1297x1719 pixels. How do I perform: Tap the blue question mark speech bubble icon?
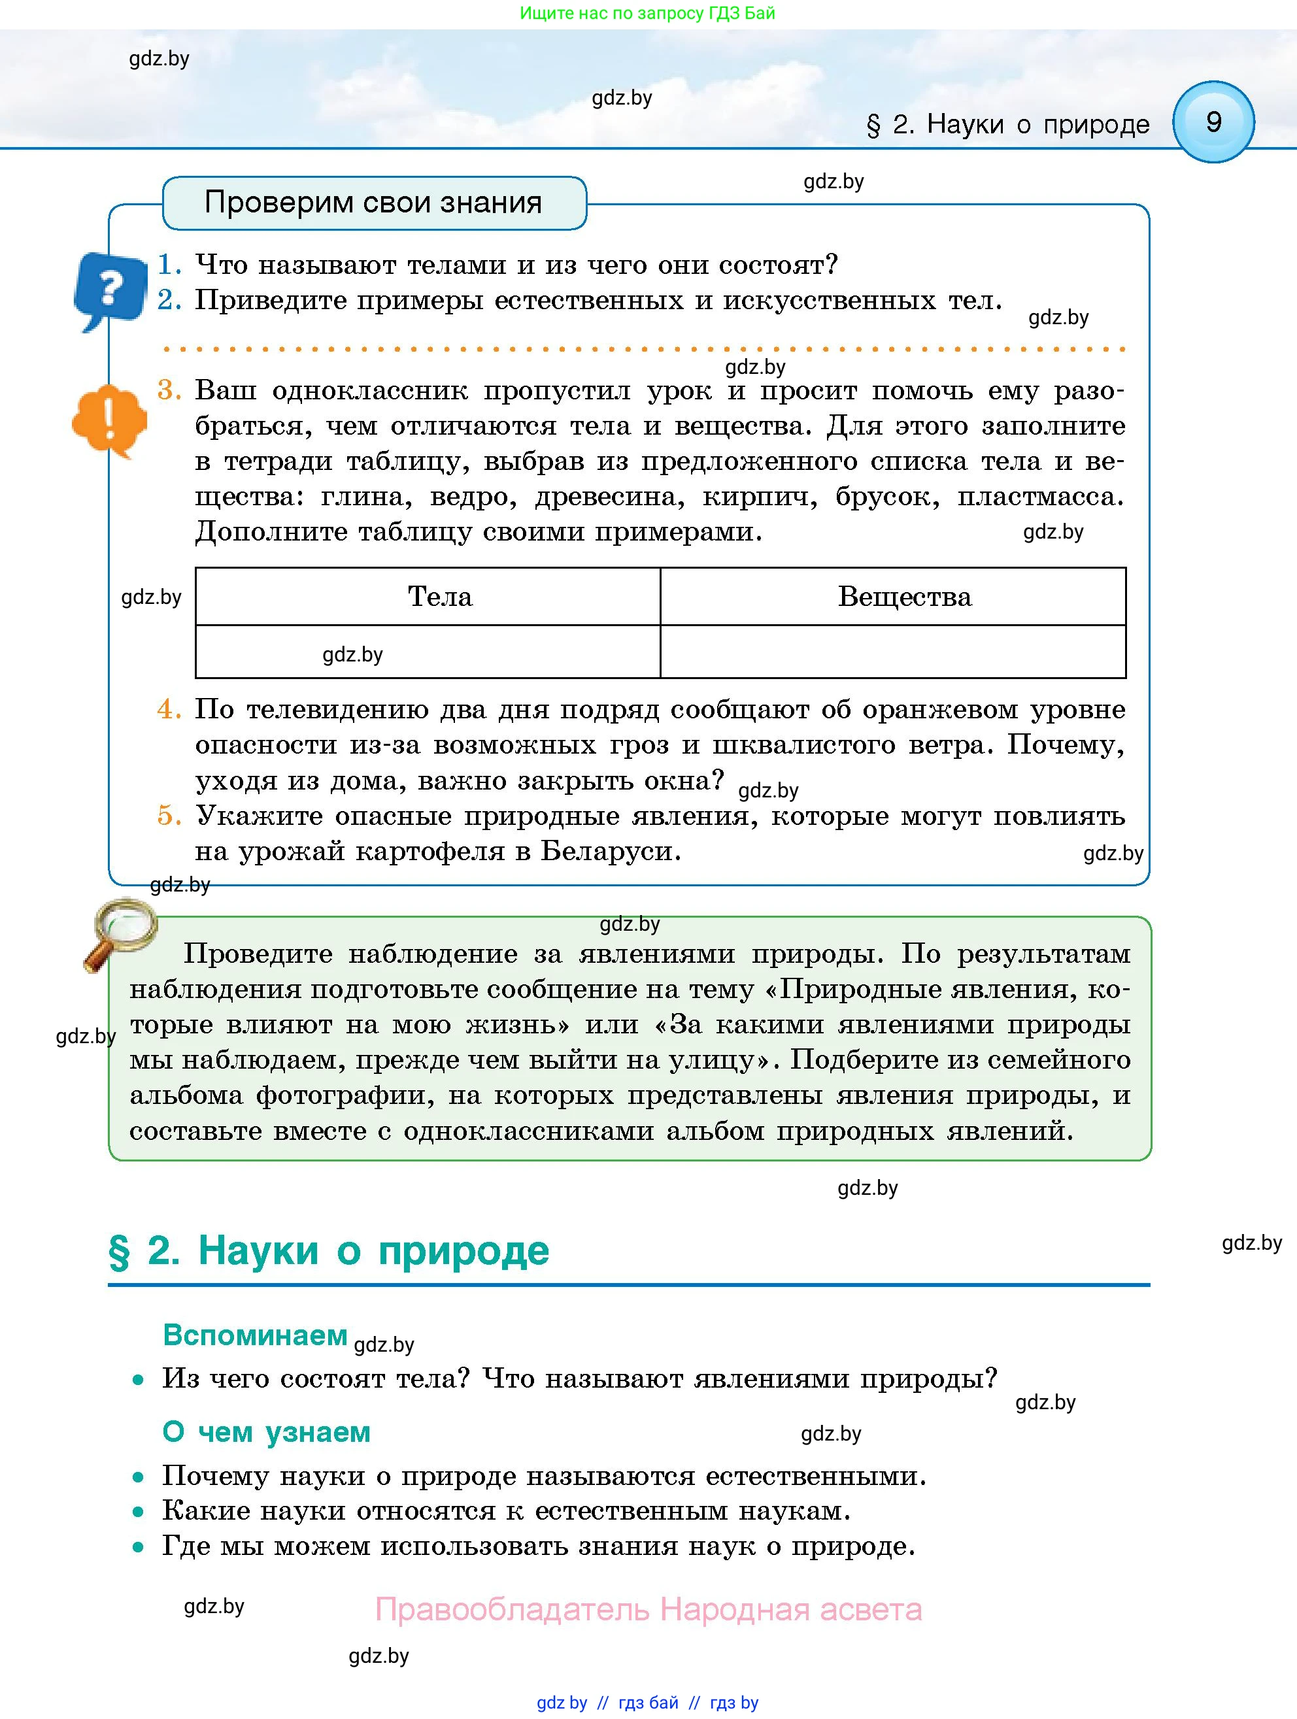click(x=110, y=289)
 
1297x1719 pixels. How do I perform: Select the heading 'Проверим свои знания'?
click(x=373, y=203)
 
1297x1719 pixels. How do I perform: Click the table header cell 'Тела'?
click(x=440, y=597)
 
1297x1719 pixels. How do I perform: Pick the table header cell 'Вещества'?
click(x=905, y=597)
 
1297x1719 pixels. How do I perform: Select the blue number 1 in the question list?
click(x=169, y=265)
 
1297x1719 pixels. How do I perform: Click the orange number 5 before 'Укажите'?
click(x=169, y=816)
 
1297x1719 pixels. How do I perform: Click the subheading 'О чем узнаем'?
click(x=267, y=1432)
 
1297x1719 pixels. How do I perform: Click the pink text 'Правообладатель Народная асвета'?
click(x=648, y=1609)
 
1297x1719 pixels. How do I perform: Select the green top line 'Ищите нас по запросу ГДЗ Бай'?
click(x=647, y=13)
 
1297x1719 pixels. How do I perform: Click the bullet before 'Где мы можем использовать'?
click(x=139, y=1547)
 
